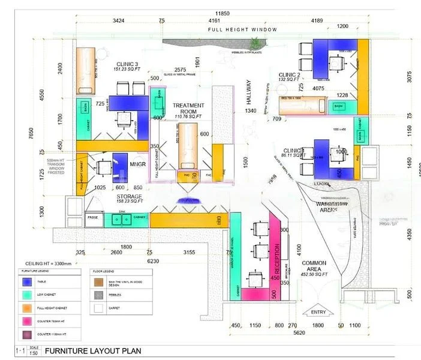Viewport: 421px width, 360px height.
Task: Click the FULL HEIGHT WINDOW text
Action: [x=242, y=29]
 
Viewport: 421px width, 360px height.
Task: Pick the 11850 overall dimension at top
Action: [x=225, y=13]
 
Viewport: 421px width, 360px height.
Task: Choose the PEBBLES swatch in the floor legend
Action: [x=97, y=295]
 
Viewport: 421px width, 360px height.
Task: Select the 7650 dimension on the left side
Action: [x=23, y=136]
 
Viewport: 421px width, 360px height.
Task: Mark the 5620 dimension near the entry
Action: [x=315, y=334]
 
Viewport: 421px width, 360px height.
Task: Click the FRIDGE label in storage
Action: [x=93, y=218]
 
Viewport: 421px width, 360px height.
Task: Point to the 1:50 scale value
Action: [x=34, y=353]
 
